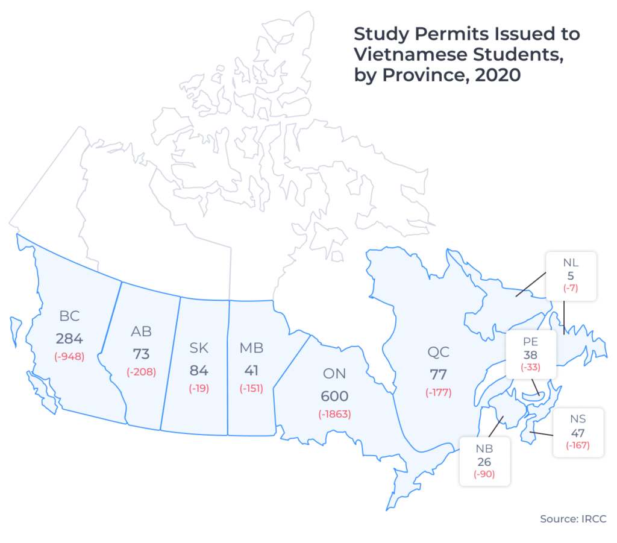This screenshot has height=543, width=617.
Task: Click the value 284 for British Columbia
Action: (x=69, y=337)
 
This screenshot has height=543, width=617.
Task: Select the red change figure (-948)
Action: (x=69, y=356)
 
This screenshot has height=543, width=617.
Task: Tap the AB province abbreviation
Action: (x=141, y=331)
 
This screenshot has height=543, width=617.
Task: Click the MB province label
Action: (x=251, y=348)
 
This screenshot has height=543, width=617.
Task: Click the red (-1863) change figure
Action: (x=334, y=414)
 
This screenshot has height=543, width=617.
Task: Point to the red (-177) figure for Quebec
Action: (x=438, y=393)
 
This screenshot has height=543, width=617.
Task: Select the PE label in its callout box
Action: (x=531, y=343)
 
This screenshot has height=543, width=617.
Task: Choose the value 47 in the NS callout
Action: (x=577, y=432)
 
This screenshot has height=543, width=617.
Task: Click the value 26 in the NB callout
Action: (x=484, y=462)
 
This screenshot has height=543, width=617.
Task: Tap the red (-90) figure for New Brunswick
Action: (x=484, y=474)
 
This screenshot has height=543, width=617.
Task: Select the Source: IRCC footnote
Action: (x=573, y=519)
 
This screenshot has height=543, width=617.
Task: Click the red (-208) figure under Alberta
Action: (x=141, y=372)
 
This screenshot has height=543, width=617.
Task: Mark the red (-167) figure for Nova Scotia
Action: (x=577, y=445)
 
